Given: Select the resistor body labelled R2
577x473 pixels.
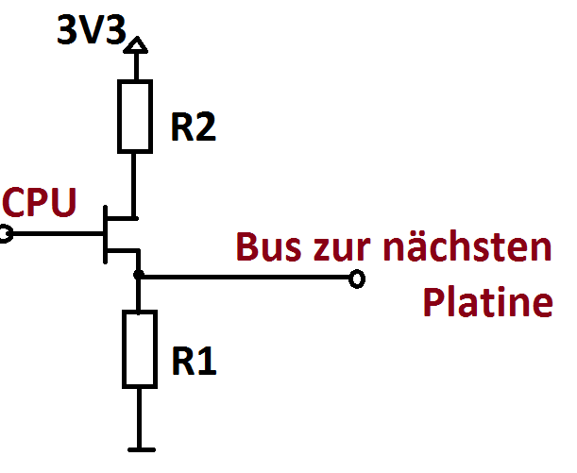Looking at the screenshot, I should [x=136, y=116].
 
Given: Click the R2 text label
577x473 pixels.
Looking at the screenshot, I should [x=193, y=127].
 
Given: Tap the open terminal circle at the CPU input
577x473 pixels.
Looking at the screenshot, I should [x=4, y=232].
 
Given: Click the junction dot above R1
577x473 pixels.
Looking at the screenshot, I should [x=139, y=277].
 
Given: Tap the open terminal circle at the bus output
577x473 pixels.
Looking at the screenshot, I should [x=356, y=279].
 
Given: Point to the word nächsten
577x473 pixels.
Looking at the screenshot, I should [x=468, y=246].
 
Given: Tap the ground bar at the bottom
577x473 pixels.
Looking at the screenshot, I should [x=139, y=448].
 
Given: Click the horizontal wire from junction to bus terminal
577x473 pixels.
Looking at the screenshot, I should [x=246, y=278].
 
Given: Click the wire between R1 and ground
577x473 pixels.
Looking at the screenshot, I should [x=139, y=415].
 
